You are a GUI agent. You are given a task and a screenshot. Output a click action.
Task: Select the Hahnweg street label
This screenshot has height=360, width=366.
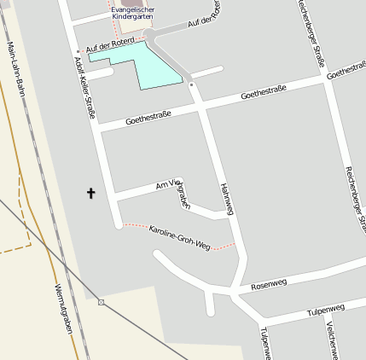pyautogui.click(x=225, y=196)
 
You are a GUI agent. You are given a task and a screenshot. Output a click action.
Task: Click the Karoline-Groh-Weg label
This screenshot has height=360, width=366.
pyautogui.click(x=178, y=237)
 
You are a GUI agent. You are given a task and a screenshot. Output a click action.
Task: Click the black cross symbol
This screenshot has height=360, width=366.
pyautogui.click(x=91, y=193)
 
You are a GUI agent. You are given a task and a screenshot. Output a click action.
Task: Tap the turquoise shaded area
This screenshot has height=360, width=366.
pyautogui.click(x=146, y=67)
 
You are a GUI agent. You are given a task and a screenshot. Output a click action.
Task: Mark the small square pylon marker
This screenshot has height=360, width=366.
pyautogui.click(x=102, y=301)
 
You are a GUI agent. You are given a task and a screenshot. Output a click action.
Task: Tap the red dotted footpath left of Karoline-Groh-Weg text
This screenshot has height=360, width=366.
pyautogui.click(x=135, y=225)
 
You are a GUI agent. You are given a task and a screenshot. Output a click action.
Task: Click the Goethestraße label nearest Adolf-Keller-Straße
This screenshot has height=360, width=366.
pyautogui.click(x=148, y=118)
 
